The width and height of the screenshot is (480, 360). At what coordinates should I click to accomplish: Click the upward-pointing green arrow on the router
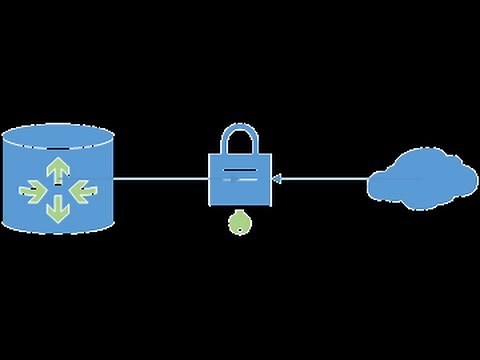tap(57, 166)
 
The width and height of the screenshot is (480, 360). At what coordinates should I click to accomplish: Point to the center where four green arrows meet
tap(57, 187)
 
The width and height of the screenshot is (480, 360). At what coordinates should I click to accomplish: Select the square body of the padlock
tap(240, 180)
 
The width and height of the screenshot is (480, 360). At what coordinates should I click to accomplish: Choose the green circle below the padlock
tap(240, 225)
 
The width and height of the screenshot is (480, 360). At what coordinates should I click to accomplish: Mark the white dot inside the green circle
tap(240, 226)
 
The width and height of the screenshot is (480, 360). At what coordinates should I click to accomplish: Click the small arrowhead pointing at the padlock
tap(277, 180)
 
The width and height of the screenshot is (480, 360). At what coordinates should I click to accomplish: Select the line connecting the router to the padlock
tap(160, 180)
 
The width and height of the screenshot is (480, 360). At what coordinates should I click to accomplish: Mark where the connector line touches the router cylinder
tap(113, 180)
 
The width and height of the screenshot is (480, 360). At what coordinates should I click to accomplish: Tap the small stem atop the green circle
tap(240, 213)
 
